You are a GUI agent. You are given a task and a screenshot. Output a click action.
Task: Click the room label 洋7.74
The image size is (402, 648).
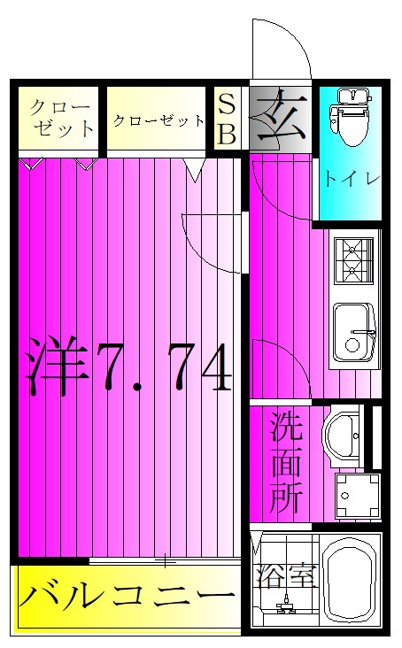click(x=128, y=366)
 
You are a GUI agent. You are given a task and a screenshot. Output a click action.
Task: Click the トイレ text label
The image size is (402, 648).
click(x=350, y=178)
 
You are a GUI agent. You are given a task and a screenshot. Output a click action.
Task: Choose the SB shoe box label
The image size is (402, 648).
click(x=228, y=120)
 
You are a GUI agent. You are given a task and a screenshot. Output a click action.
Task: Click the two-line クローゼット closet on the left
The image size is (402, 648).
click(x=59, y=118)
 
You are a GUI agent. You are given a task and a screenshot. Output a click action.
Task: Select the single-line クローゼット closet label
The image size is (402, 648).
click(x=157, y=120)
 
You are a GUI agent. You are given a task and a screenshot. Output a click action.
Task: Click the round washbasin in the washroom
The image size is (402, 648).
click(x=341, y=436)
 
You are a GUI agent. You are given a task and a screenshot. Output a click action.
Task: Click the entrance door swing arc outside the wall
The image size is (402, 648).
click(x=282, y=49)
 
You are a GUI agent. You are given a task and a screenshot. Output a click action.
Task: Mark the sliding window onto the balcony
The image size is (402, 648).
click(x=164, y=560)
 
